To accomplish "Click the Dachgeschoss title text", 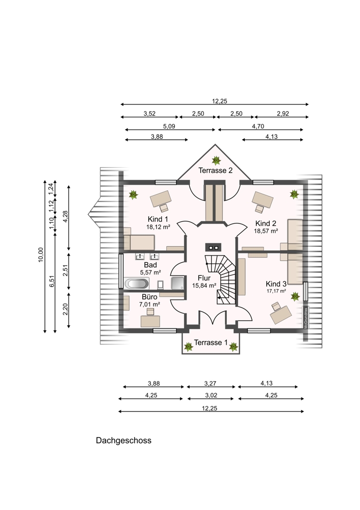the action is coord(123,441).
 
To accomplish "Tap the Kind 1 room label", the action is coord(158,219).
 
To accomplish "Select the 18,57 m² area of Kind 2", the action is coord(266,231).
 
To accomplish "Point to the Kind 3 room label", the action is coord(276,284).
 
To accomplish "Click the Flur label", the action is coord(204,278).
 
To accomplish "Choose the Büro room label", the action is coord(149,297).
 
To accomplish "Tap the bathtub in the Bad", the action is coord(137,284).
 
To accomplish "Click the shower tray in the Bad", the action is coord(178,283).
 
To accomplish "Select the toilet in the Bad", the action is coord(160,285).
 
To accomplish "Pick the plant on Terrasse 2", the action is coord(216,160).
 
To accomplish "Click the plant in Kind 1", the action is coord(133,195).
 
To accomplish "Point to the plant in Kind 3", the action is coord(295,296).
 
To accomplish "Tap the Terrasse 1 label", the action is coord(211,343).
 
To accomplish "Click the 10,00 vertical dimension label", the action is coord(41,254).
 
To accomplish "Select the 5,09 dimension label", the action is coord(169,126).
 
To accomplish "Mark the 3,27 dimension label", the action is coord(210,384).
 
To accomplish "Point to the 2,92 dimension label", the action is coord(283,114).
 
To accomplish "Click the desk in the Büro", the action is coord(150,321).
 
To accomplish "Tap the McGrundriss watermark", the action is coord(305,317).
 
